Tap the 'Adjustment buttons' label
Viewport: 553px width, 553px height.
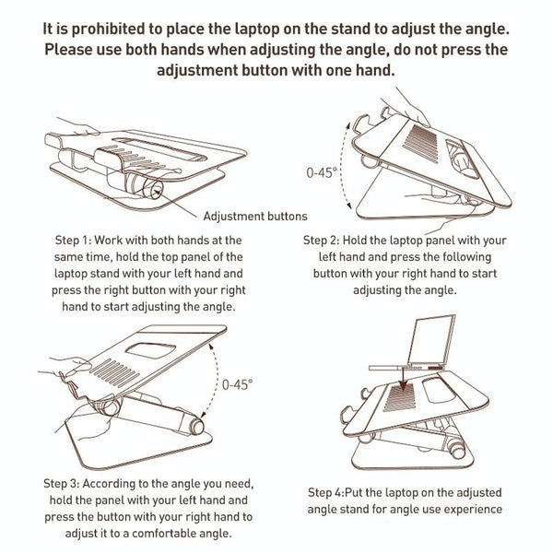point(254,218)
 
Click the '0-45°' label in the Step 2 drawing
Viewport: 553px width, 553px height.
point(323,172)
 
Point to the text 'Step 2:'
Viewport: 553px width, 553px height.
point(328,240)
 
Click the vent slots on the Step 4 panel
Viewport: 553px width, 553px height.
point(406,402)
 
